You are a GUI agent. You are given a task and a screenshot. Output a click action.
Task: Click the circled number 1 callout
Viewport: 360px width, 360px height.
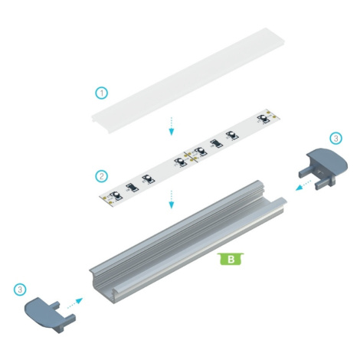[x=102, y=93]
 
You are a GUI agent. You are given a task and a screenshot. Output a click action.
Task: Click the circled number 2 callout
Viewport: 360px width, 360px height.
[x=102, y=176]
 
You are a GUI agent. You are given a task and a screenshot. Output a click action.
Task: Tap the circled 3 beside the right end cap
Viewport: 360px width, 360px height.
[x=336, y=138]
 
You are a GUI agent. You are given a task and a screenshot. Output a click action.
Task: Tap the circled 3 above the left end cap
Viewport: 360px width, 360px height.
[x=20, y=290]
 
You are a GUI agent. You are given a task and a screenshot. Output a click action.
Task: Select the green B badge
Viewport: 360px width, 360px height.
[x=231, y=259]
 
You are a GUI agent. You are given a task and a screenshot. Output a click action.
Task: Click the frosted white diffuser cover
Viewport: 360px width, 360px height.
[x=188, y=80]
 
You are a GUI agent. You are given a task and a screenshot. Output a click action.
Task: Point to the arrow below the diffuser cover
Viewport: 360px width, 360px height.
[x=172, y=126]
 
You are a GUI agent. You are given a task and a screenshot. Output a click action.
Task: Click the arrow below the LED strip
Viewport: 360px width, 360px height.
[x=172, y=199]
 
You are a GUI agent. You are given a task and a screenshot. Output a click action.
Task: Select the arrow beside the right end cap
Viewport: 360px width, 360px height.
[x=303, y=185]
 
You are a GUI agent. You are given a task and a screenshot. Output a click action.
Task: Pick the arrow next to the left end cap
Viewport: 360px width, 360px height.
[x=75, y=303]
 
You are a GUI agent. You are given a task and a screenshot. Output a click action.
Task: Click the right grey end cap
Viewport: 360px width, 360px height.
[x=324, y=169]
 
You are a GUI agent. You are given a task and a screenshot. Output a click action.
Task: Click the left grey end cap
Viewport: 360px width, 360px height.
[x=50, y=315]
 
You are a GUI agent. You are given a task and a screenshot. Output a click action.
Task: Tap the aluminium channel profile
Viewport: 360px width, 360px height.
[x=188, y=242]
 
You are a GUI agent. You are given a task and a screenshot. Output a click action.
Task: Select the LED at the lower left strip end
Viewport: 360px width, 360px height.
[x=116, y=196]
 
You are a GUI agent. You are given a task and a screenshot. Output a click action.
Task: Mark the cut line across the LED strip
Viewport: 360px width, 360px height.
[x=191, y=157]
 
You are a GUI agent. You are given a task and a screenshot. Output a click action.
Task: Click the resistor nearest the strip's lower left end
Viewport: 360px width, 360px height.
[x=132, y=188]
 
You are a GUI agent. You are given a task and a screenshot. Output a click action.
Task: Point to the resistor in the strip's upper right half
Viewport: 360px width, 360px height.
[x=216, y=144]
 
